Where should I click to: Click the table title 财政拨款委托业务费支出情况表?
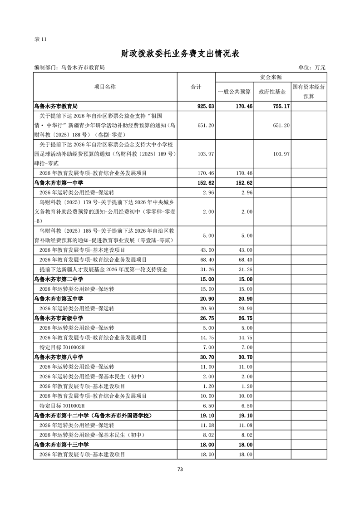tap(180, 54)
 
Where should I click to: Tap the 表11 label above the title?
tap(40, 39)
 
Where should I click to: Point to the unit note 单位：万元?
tap(312, 68)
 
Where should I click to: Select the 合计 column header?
tap(196, 87)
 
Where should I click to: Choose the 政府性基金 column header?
tap(272, 92)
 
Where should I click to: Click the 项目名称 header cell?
tap(105, 87)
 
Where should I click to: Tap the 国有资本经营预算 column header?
tap(309, 91)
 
